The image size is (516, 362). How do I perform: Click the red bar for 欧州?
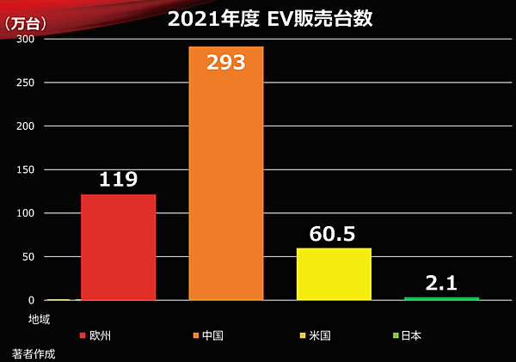tap(118, 247)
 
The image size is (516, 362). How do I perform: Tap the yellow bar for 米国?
tap(334, 273)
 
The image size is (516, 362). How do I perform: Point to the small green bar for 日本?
tap(441, 298)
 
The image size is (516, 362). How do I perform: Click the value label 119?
tap(118, 180)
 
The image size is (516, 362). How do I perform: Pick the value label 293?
tap(226, 63)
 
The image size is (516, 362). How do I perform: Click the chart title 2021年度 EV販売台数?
tap(270, 19)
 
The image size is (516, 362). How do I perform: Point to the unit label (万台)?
tap(27, 23)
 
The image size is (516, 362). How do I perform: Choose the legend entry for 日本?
tap(408, 335)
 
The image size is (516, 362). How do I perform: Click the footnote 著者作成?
tap(34, 353)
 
